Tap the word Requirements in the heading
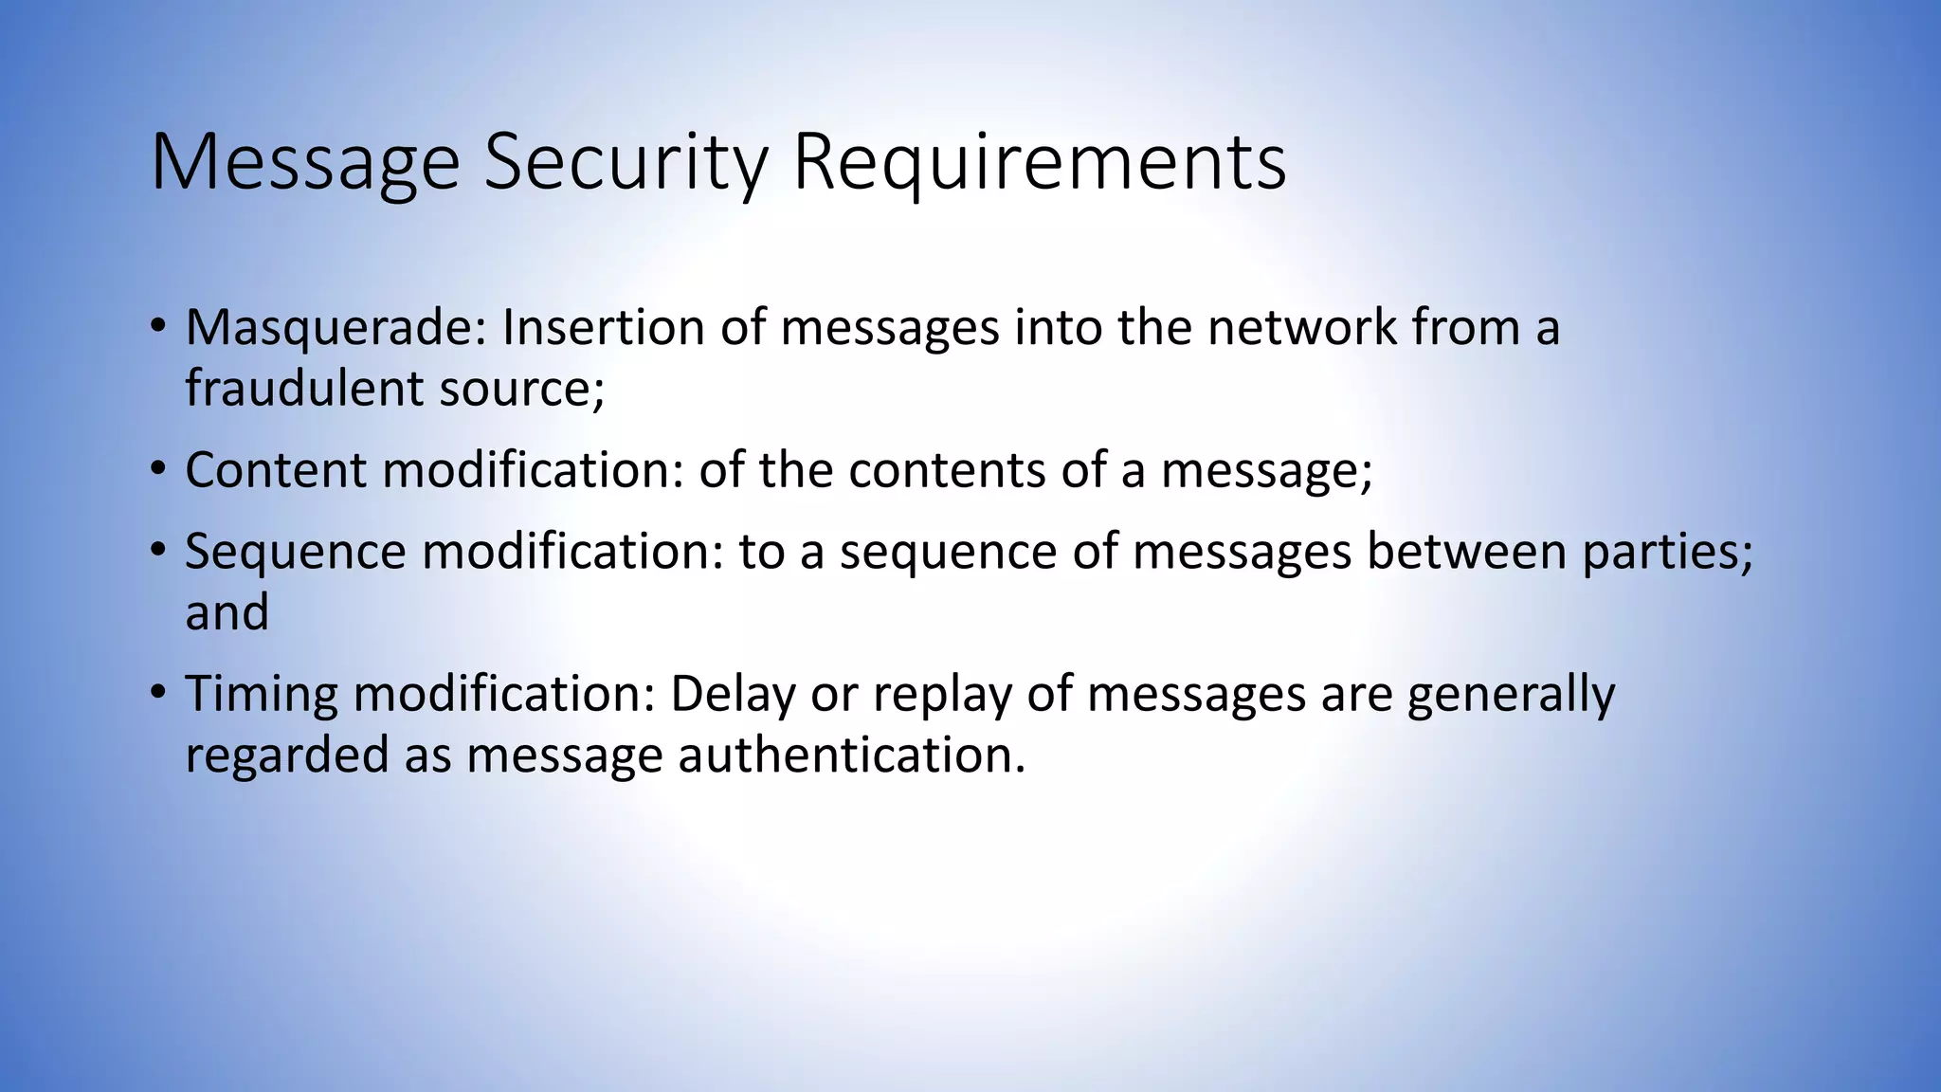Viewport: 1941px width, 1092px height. pyautogui.click(x=1040, y=163)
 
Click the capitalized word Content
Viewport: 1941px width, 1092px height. pyautogui.click(x=275, y=470)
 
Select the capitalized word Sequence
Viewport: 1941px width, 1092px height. pyautogui.click(x=295, y=552)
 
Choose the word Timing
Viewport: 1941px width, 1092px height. pyautogui.click(x=261, y=694)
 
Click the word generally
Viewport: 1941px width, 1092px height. pyautogui.click(x=1511, y=694)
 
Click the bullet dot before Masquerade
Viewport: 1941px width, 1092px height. pyautogui.click(x=158, y=325)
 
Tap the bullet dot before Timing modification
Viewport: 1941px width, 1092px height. pyautogui.click(x=158, y=691)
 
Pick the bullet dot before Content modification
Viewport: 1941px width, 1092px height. pyautogui.click(x=158, y=468)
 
